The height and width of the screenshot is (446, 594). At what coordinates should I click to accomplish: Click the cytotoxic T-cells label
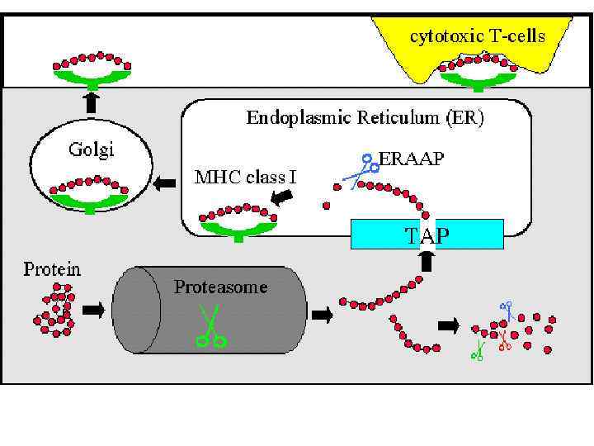point(478,36)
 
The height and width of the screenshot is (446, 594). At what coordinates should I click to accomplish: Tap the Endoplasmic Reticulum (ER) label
point(365,117)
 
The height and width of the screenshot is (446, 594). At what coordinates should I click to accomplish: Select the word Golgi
point(90,150)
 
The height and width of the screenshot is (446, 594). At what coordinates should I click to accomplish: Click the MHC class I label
point(245,176)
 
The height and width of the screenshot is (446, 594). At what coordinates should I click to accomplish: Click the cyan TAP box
point(427,235)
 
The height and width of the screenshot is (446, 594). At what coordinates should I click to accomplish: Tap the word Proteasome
point(220,287)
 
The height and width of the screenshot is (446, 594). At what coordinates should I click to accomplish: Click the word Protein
point(51,269)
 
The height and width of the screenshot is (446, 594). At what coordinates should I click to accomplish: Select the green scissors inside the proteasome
point(211,326)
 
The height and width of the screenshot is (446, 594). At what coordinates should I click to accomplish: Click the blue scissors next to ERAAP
point(360,170)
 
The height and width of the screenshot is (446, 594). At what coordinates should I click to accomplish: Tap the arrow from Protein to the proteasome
point(94,310)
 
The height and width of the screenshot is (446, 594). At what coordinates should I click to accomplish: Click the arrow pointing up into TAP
point(427,262)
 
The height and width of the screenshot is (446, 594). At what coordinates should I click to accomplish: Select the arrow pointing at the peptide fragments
point(449,325)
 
